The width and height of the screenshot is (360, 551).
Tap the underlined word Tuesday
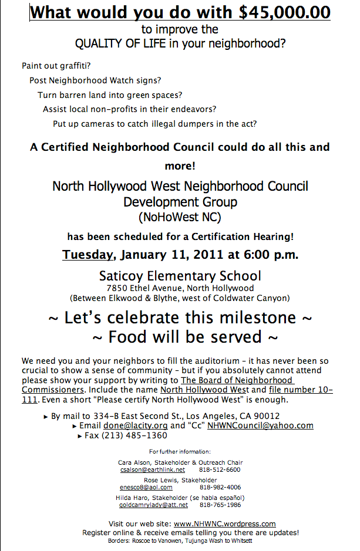click(x=88, y=255)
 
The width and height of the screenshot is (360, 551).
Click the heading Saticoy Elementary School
click(x=180, y=275)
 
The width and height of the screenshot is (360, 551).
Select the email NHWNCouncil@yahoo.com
click(x=260, y=425)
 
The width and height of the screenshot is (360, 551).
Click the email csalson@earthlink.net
click(x=152, y=469)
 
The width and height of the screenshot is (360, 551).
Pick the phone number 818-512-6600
click(x=220, y=469)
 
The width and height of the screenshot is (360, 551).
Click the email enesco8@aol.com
click(x=146, y=487)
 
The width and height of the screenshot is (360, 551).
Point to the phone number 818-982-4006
click(x=220, y=487)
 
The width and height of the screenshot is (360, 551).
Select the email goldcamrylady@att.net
click(x=154, y=505)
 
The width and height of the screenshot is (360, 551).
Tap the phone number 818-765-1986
click(x=220, y=505)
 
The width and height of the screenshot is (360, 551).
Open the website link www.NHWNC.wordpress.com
click(x=224, y=523)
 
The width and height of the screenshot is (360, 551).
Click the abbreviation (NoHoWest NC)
click(x=180, y=218)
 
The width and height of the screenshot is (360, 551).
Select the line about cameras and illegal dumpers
click(x=155, y=124)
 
